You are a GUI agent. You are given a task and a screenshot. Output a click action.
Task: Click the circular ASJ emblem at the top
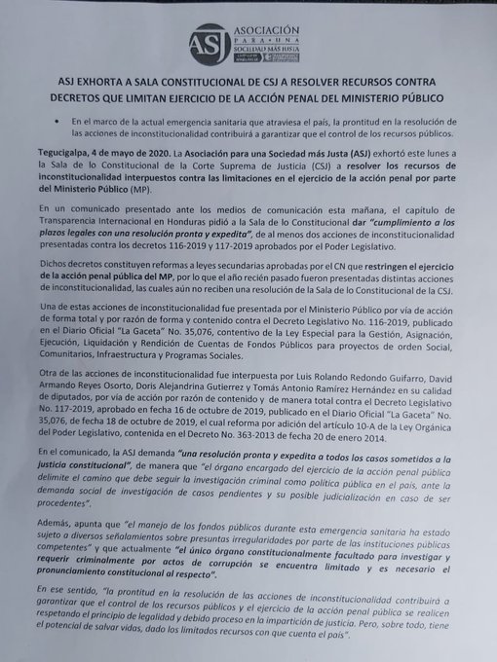point(211,45)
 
